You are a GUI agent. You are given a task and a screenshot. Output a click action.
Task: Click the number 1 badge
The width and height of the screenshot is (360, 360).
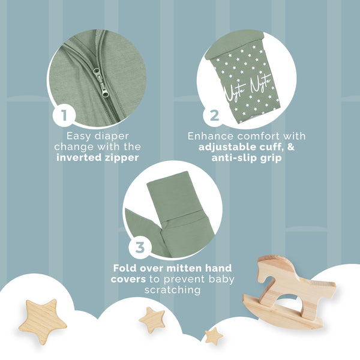click(x=64, y=115)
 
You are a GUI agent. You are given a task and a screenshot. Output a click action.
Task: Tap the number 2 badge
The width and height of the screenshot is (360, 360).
click(x=214, y=115)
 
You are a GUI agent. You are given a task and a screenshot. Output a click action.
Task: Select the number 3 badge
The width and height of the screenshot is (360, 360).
click(x=140, y=247)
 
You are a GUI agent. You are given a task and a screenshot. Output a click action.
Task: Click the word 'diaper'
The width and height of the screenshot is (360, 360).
click(x=112, y=136)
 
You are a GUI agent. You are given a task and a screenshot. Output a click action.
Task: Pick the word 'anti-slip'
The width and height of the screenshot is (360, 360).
click(x=235, y=158)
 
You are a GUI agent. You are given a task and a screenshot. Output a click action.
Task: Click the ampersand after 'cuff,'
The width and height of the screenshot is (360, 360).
click(x=290, y=146)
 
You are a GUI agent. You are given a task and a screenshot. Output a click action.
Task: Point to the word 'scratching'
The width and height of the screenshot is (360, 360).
click(x=172, y=290)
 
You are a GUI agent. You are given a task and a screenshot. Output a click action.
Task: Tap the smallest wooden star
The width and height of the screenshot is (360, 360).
click(x=214, y=336)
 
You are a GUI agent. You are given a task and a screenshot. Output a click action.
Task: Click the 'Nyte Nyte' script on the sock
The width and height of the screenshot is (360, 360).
click(x=247, y=88)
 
